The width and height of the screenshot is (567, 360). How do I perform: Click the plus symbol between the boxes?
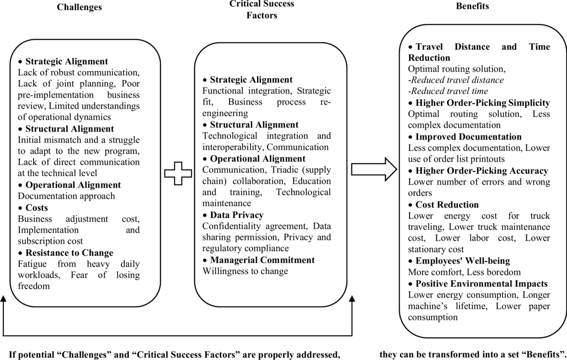pyautogui.click(x=178, y=173)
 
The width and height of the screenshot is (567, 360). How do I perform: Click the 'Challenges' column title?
pyautogui.click(x=79, y=7)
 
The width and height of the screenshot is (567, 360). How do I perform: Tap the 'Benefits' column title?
pyautogui.click(x=472, y=6)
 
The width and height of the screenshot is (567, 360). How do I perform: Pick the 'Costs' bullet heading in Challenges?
pyautogui.click(x=37, y=208)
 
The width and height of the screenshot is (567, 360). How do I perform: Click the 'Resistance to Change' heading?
pyautogui.click(x=69, y=253)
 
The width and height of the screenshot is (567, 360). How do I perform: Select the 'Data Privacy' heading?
pyautogui.click(x=237, y=215)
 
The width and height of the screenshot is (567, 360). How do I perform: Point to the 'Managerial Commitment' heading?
pyautogui.click(x=262, y=260)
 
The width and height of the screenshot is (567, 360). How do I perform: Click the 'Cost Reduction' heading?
pyautogui.click(x=447, y=205)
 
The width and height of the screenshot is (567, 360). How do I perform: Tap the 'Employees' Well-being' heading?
pyautogui.click(x=463, y=261)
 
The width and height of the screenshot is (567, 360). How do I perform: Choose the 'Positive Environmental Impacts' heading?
pyautogui.click(x=482, y=284)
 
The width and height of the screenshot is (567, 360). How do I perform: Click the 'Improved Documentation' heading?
pyautogui.click(x=468, y=136)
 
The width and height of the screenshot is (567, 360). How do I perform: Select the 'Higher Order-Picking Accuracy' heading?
pyautogui.click(x=482, y=171)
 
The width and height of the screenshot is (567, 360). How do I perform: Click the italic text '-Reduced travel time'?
pyautogui.click(x=448, y=91)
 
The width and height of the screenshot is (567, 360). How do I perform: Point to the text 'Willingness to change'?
pyautogui.click(x=245, y=271)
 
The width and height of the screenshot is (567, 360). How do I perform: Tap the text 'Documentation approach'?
pyautogui.click(x=66, y=196)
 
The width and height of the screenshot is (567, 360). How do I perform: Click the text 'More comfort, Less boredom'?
pyautogui.click(x=464, y=272)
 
